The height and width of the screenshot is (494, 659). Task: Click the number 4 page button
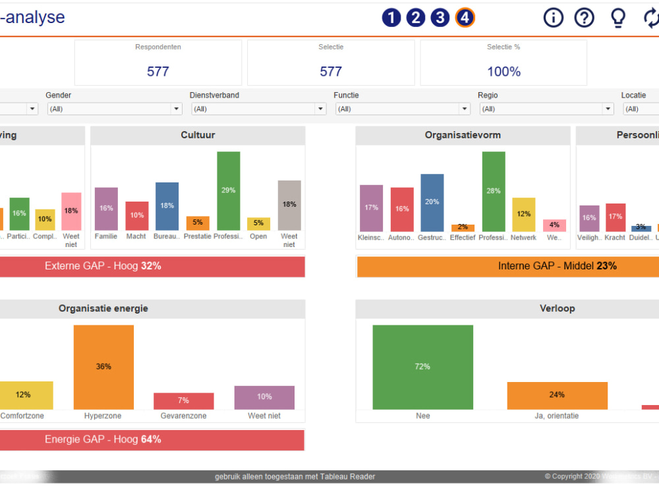point(465,18)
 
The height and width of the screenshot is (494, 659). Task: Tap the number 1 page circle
point(391,18)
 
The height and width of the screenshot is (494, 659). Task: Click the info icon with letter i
point(554,18)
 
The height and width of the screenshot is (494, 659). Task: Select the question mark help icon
point(585,18)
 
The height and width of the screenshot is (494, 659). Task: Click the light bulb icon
point(617,18)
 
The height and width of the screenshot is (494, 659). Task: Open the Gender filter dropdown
point(115,109)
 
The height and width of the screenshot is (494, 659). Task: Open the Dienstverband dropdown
point(258,109)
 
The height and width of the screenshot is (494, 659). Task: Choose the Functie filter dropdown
point(402,109)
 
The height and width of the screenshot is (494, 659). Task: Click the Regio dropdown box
point(546,109)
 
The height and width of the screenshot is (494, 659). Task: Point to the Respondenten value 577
point(158,71)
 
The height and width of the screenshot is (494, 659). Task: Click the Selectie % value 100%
point(503,71)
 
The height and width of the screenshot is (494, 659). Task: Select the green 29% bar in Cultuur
point(229,191)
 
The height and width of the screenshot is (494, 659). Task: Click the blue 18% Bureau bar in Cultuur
point(167,206)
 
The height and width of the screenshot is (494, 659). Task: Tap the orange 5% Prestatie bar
point(198,223)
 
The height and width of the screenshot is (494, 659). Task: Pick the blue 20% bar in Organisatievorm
point(432,203)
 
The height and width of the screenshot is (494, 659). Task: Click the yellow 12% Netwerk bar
point(524,215)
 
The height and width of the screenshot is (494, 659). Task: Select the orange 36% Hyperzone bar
point(103,367)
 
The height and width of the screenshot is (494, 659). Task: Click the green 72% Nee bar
point(422,367)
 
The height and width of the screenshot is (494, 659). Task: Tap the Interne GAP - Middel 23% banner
point(507,266)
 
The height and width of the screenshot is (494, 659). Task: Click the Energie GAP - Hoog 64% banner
point(152,439)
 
